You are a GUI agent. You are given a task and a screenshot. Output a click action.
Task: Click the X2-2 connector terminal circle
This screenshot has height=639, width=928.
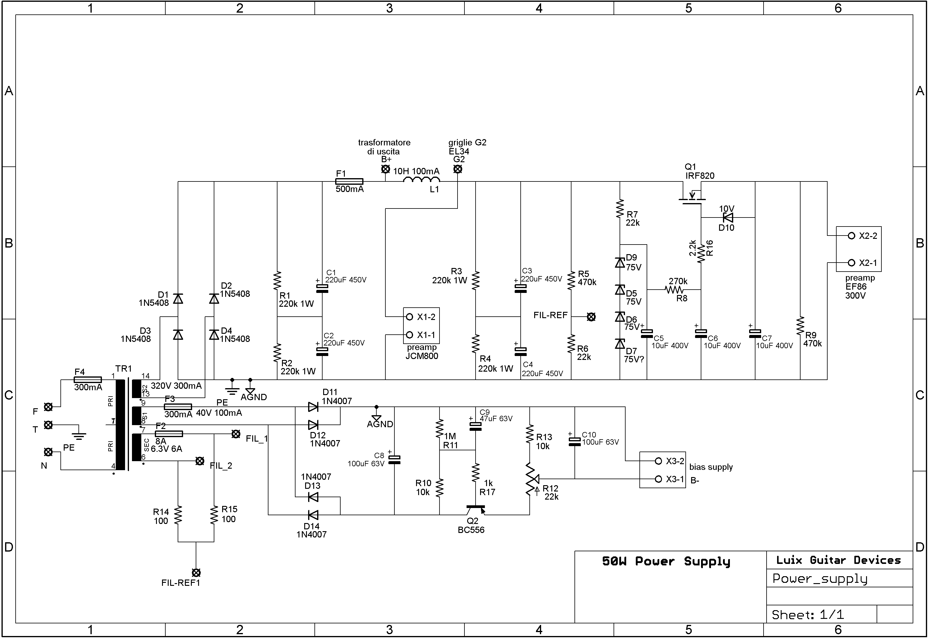pos(852,236)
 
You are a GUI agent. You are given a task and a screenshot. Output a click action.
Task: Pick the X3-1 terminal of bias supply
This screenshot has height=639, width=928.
pos(658,479)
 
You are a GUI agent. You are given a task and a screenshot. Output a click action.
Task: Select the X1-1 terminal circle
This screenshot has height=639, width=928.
pos(409,335)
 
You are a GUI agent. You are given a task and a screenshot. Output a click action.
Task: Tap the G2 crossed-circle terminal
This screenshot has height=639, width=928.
pos(458,169)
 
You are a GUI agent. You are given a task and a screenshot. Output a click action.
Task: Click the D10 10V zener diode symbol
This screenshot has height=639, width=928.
pos(728,218)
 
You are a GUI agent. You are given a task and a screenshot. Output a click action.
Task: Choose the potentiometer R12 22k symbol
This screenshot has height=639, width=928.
pos(530,479)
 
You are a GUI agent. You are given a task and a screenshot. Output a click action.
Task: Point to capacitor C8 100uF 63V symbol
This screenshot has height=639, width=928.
pos(394,460)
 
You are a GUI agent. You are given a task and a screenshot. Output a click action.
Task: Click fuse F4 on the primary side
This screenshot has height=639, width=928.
pos(88,379)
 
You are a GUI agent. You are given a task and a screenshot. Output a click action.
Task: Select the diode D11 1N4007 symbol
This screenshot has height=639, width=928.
pos(313,407)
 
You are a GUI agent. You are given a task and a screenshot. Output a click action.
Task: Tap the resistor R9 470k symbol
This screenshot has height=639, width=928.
pos(800,326)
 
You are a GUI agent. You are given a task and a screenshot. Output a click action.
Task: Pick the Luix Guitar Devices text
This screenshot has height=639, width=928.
pos(838,560)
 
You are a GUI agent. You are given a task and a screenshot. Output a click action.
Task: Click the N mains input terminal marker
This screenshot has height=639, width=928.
pos(48,452)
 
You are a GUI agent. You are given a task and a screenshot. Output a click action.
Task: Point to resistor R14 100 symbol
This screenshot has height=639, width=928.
pos(178,515)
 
